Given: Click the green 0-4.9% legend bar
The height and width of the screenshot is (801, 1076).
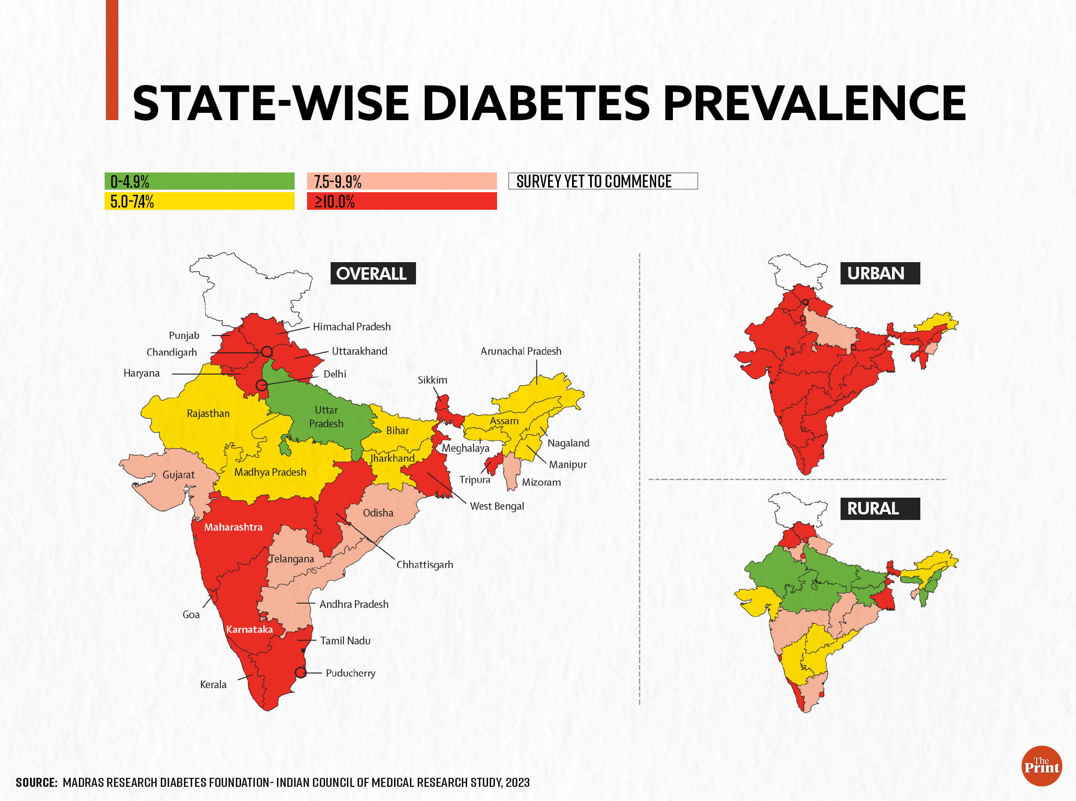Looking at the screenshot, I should [x=199, y=181].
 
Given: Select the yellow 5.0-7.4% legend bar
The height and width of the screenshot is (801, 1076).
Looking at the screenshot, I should [x=199, y=201].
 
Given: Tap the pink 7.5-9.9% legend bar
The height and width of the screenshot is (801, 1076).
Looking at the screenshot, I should [x=402, y=181].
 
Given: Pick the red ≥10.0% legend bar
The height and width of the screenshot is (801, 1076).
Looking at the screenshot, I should [x=402, y=201].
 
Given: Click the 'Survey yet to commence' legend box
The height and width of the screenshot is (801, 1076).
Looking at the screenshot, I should [x=603, y=181].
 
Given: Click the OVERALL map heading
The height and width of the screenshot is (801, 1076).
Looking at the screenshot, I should [x=372, y=273].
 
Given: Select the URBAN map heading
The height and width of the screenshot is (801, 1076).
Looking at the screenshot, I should [x=879, y=273].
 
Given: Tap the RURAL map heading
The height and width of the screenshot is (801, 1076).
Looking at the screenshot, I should [x=879, y=509].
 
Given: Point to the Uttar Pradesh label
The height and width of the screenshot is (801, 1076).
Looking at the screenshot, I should [x=326, y=417].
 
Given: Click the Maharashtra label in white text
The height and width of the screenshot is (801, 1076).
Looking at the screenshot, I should [x=233, y=527].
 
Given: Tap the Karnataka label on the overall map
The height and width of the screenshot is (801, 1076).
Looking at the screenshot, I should [x=249, y=629].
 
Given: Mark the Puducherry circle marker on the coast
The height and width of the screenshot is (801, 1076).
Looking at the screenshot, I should [x=301, y=673].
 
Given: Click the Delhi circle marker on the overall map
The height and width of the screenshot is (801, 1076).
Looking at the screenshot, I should [x=261, y=385].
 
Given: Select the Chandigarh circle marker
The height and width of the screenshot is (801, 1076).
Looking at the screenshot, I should [x=267, y=351].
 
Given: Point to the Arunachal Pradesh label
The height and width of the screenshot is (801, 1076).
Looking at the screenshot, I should [x=521, y=351].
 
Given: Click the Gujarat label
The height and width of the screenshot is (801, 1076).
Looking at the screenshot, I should [x=178, y=475].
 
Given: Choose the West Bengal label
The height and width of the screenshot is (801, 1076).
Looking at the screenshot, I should [x=497, y=506].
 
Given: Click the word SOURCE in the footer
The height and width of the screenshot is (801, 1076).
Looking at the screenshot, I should [x=36, y=783].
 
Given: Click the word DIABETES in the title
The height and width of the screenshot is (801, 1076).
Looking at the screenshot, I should [x=536, y=103].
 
